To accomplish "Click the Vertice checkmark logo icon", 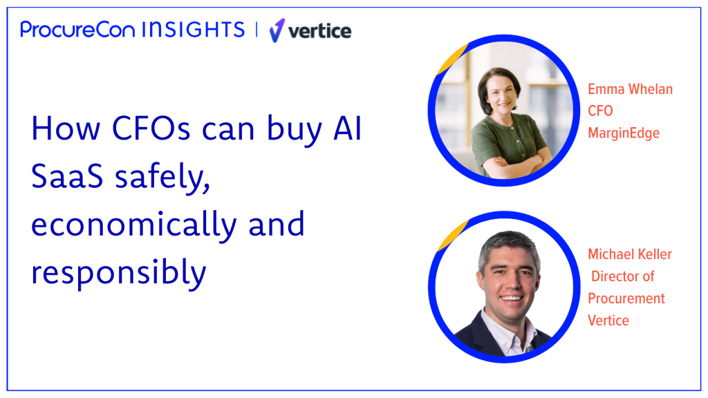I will (277, 30).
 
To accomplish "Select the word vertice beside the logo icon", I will (319, 31).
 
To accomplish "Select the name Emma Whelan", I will (630, 89).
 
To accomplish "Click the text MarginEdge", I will (624, 133).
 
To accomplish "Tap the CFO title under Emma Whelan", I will (600, 111).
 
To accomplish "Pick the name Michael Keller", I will (630, 254).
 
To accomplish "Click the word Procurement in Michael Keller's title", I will (626, 298).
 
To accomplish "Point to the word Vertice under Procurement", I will (608, 321).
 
